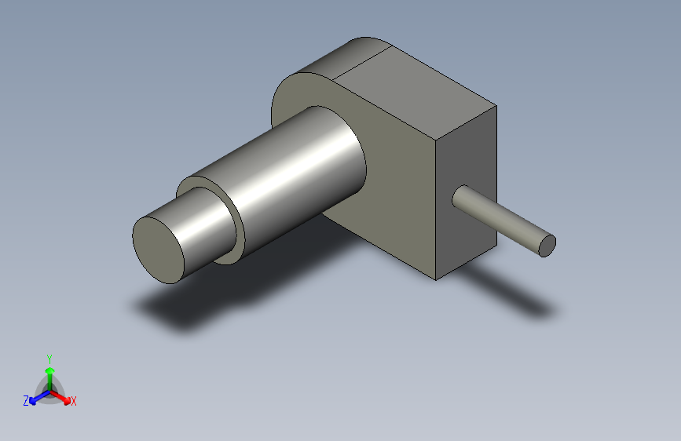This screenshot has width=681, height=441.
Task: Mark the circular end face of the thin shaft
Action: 547,246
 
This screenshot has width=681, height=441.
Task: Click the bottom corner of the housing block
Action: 437,279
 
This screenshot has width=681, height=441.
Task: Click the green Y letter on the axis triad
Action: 49,358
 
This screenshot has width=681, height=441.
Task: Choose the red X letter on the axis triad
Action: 74,401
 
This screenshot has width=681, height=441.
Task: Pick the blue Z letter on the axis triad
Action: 26,401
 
